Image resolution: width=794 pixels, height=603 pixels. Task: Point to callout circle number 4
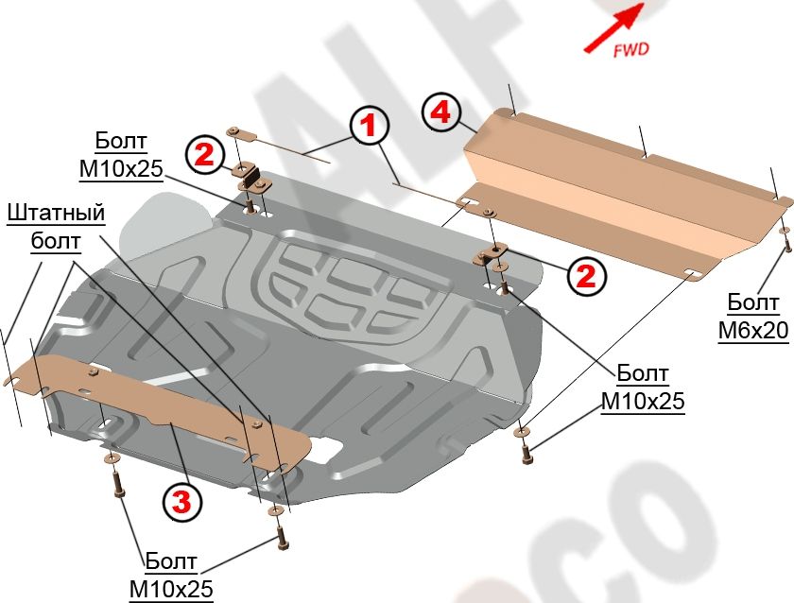point(440,112)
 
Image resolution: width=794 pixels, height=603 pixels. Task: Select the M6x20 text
point(752,332)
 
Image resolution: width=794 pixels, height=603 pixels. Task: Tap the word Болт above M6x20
point(752,303)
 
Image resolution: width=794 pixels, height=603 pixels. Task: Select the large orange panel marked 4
point(614,189)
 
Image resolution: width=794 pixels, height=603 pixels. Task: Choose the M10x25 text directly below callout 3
point(171,590)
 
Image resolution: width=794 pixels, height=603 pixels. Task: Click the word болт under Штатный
point(56,241)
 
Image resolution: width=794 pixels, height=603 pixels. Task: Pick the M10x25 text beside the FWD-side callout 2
point(643,401)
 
